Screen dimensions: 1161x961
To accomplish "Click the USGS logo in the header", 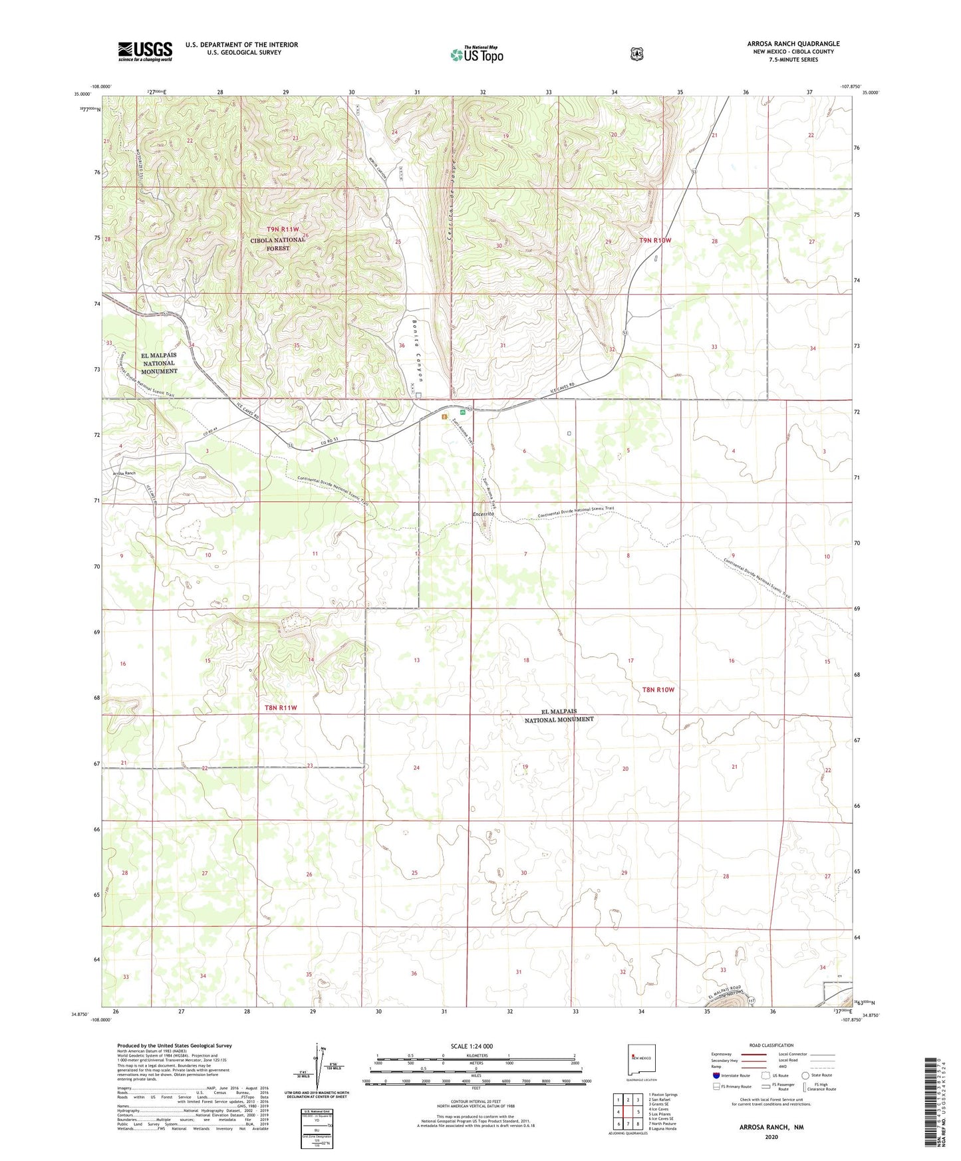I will tap(145, 51).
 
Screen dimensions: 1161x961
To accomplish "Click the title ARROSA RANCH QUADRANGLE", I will tap(793, 44).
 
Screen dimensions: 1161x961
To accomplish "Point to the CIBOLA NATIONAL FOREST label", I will tap(278, 244).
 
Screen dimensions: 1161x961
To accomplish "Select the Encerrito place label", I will tap(482, 515).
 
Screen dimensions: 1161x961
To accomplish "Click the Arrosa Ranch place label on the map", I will tap(124, 473).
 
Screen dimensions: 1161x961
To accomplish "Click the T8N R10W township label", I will tap(658, 690).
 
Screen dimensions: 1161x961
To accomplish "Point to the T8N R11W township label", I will tap(281, 708).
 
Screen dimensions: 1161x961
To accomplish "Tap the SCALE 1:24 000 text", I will tap(472, 1046).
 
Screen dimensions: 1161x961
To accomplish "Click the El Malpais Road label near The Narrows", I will tap(724, 993).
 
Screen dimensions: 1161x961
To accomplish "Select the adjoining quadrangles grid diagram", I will tap(628, 1111).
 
